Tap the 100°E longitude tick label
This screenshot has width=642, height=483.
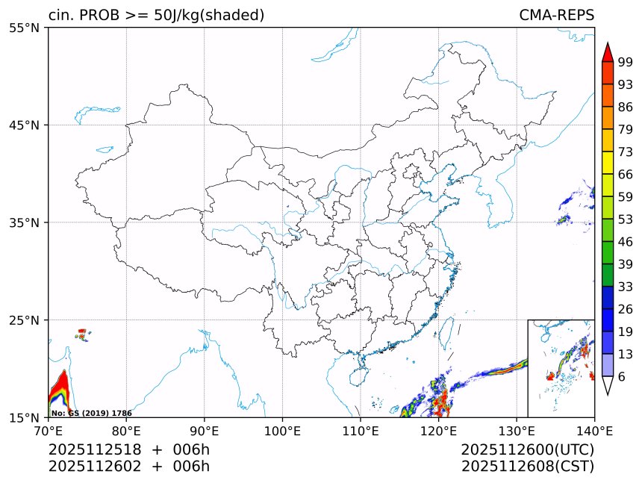click(x=282, y=431)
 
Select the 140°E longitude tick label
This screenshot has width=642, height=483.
click(x=594, y=431)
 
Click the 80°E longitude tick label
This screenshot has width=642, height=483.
click(x=126, y=431)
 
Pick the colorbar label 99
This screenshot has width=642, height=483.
click(x=625, y=62)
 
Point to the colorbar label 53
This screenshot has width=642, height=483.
click(x=625, y=219)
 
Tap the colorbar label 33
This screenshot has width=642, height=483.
click(x=625, y=287)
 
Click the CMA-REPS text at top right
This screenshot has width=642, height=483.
click(x=556, y=15)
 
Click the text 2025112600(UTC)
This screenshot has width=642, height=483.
click(x=527, y=449)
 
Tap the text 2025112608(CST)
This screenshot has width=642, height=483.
click(x=527, y=467)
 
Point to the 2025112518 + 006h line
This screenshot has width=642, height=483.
click(x=128, y=449)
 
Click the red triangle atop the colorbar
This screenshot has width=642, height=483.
click(x=607, y=52)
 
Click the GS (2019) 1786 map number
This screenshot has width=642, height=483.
click(x=91, y=413)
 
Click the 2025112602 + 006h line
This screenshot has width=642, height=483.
click(x=128, y=467)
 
